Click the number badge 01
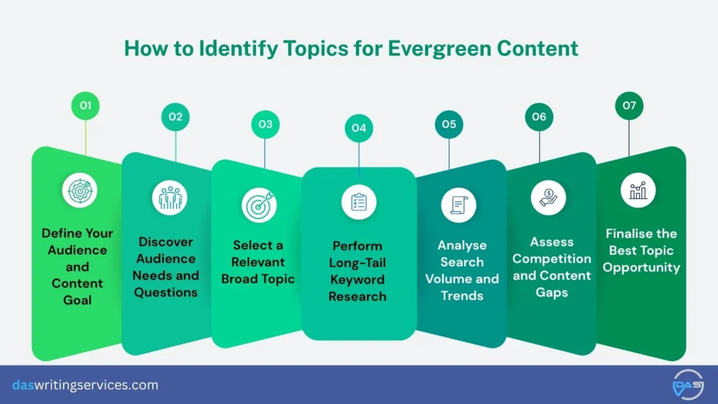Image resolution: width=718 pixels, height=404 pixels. [86, 106]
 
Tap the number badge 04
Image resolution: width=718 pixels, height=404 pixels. [359, 128]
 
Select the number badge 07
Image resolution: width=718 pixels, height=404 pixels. [629, 106]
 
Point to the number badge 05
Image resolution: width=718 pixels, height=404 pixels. [449, 124]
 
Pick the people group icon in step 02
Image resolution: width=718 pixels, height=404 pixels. [170, 198]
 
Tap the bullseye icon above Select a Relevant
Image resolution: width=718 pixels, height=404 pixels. [259, 205]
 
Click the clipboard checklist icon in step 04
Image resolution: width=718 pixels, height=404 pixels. [359, 202]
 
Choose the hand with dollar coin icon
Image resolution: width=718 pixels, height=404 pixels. [548, 197]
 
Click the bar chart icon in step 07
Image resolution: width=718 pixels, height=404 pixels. [638, 189]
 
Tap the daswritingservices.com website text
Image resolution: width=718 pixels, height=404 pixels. [85, 385]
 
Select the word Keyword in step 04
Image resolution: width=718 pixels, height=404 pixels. [359, 279]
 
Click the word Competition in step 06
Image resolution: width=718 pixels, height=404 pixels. [552, 258]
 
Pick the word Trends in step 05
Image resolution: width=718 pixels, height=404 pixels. [462, 295]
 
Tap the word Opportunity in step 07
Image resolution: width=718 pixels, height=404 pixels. [642, 267]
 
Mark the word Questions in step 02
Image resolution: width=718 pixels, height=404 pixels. [166, 292]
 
